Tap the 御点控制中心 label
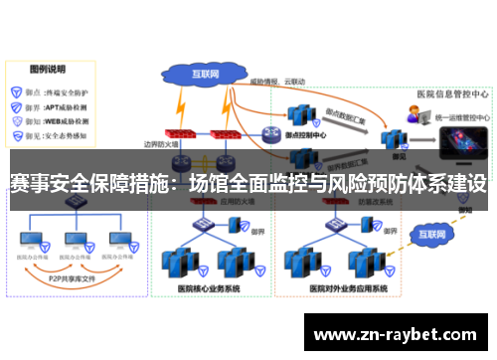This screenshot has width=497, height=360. pos(307,129)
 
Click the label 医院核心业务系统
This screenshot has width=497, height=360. pos(208,288)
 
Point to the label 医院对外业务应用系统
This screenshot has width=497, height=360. pos(334,288)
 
